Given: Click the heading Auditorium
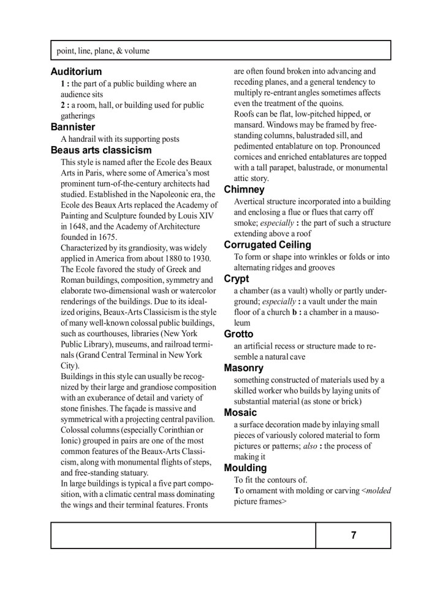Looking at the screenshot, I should pyautogui.click(x=76, y=72).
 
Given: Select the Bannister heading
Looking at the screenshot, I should pyautogui.click(x=73, y=127).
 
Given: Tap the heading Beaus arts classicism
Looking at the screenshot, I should pyautogui.click(x=101, y=150).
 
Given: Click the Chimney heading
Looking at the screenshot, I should pyautogui.click(x=244, y=190).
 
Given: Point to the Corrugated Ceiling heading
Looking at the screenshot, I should pyautogui.click(x=268, y=245).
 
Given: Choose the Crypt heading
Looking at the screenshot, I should pyautogui.click(x=237, y=279).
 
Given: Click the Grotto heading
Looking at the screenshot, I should pyautogui.click(x=238, y=334).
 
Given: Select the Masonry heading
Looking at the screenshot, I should pyautogui.click(x=244, y=368).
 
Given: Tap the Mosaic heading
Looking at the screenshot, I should pyautogui.click(x=240, y=412).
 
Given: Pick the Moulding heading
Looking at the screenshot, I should pyautogui.click(x=245, y=468).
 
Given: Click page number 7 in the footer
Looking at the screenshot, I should pyautogui.click(x=354, y=535).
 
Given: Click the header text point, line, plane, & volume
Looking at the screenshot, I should pyautogui.click(x=103, y=51).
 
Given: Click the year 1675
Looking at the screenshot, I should pyautogui.click(x=105, y=237).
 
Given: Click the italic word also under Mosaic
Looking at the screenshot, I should pyautogui.click(x=311, y=446).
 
